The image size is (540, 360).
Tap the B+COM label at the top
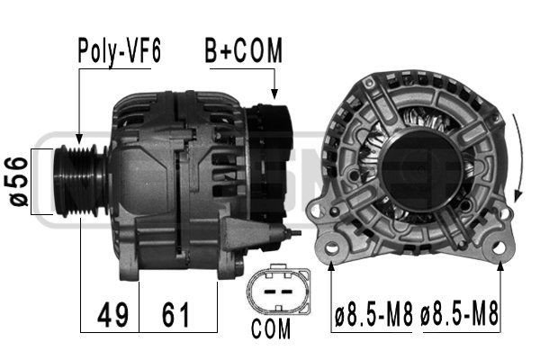pyautogui.click(x=243, y=51)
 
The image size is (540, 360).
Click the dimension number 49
pyautogui.click(x=111, y=316)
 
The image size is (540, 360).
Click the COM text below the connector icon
pyautogui.click(x=271, y=328)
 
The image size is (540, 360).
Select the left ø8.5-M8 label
pyautogui.click(x=372, y=316)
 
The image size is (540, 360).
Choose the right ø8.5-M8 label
pyautogui.click(x=459, y=316)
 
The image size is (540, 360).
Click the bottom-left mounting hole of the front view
pyautogui.click(x=332, y=247)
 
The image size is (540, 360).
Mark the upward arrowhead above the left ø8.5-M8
pyautogui.click(x=332, y=264)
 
